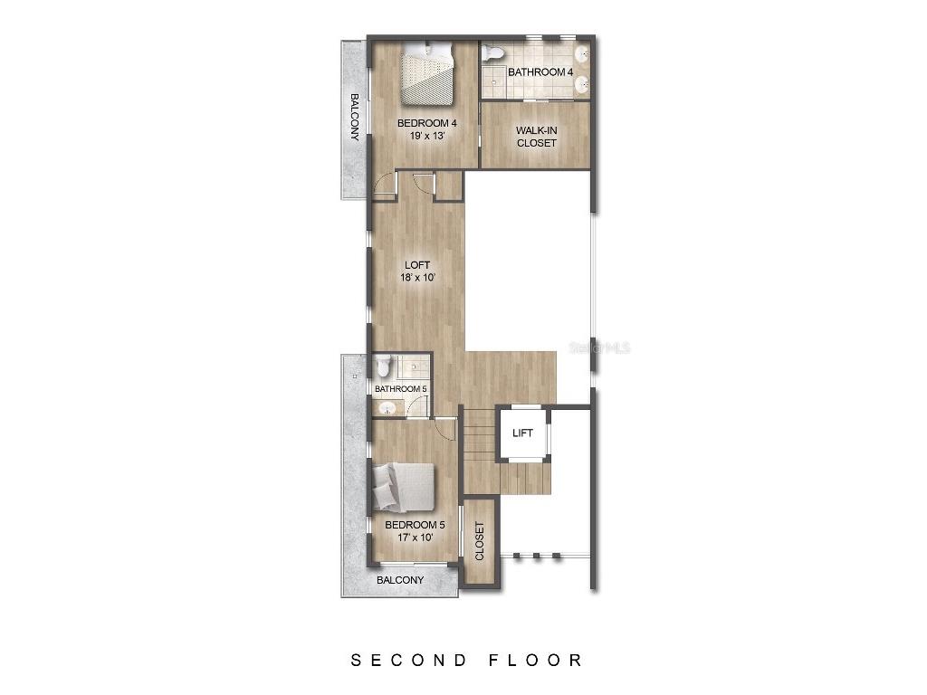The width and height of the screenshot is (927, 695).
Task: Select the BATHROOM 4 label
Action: point(540,71)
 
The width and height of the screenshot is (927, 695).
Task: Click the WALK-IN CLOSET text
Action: point(536,137)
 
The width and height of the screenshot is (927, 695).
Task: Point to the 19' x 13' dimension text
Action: point(426,136)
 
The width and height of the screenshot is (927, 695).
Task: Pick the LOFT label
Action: point(417,265)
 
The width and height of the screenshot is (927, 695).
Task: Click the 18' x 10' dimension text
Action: point(417,278)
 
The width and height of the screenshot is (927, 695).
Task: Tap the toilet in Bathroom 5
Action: point(384,367)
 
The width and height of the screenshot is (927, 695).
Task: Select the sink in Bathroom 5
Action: point(387,408)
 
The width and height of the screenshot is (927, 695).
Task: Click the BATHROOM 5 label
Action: point(401,389)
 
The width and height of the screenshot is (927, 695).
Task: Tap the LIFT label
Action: point(522,433)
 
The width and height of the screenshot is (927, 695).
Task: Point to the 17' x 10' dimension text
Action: point(415,538)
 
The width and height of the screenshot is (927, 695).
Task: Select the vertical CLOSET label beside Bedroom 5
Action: point(479,541)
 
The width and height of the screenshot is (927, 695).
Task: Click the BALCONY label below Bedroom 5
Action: point(400,580)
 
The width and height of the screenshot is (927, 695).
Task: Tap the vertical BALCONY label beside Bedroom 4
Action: point(354,118)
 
